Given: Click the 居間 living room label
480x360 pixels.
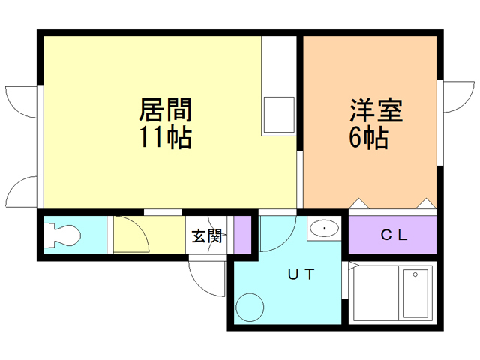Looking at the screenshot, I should pos(165,111).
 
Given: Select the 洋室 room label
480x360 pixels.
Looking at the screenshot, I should pos(376,111).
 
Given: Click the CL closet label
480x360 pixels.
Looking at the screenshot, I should pos(393,234).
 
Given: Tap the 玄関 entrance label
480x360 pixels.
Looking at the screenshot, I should pos(206,236).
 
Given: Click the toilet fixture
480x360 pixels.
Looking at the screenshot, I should pos(61,235).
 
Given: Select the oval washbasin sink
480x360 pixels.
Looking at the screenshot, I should pos(325,228).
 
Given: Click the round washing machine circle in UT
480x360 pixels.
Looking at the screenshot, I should pos(249,307).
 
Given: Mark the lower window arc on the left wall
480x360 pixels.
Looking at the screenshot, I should pos(21,191).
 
